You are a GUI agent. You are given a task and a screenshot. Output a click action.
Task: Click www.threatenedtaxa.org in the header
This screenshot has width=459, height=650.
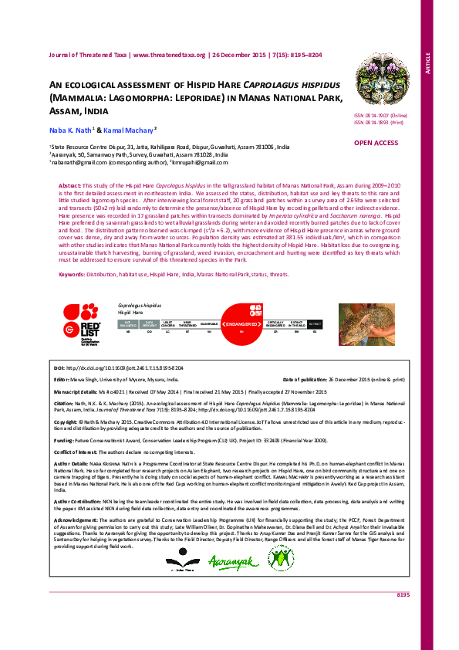click(170, 55)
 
